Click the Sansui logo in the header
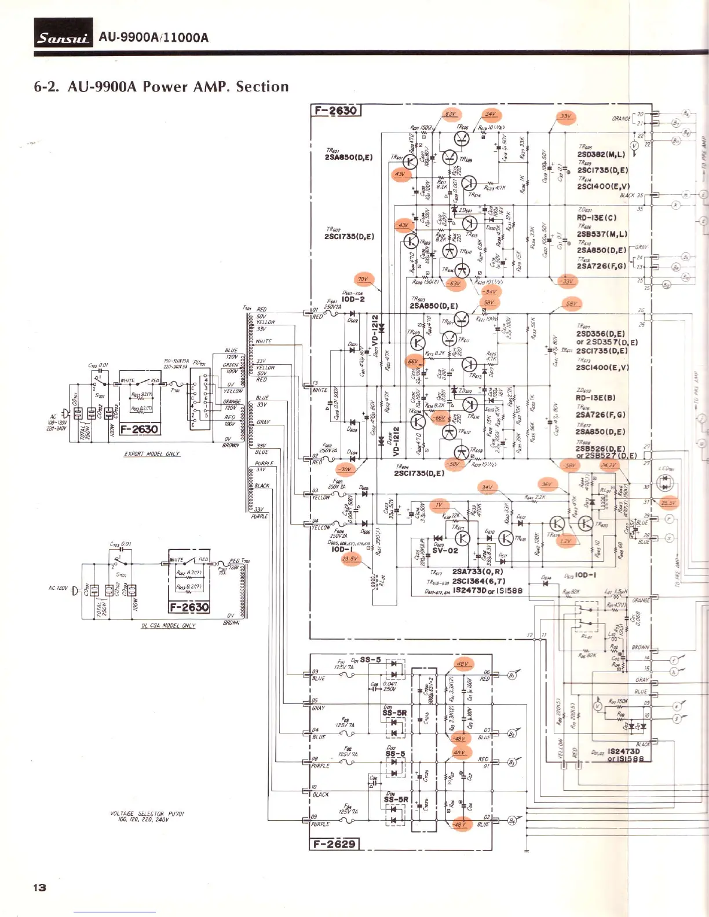tap(63, 38)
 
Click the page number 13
tap(39, 887)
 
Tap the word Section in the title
tap(262, 87)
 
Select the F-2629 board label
tap(335, 843)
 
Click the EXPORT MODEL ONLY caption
tap(152, 454)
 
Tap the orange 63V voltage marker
tap(450, 114)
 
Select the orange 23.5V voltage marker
tap(350, 559)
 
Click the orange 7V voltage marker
tap(440, 505)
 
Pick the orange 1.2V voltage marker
tap(565, 541)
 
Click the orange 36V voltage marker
tap(546, 484)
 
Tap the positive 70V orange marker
tap(363, 280)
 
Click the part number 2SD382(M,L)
tap(601, 155)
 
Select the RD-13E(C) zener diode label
tap(596, 218)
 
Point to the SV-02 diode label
tap(445, 551)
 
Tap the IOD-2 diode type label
tap(353, 299)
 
